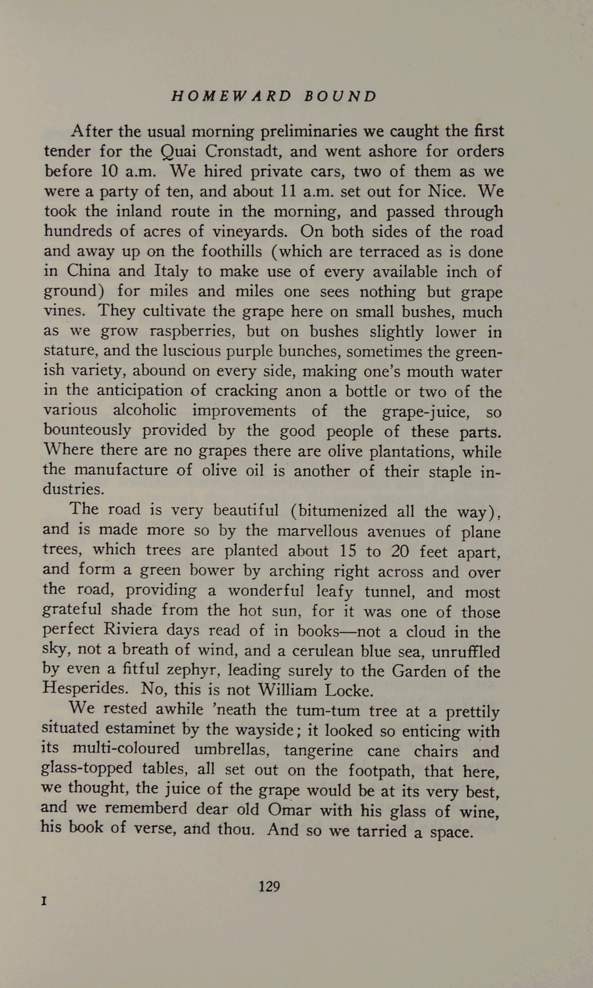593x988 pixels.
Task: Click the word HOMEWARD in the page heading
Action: tap(232, 96)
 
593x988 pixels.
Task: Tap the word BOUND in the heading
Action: tap(341, 96)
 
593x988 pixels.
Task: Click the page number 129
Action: tap(269, 886)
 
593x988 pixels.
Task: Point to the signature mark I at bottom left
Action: tap(45, 902)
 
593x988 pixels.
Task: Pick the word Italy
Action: tap(171, 271)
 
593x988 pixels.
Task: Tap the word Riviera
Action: tap(131, 630)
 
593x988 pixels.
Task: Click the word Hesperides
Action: tap(85, 689)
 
